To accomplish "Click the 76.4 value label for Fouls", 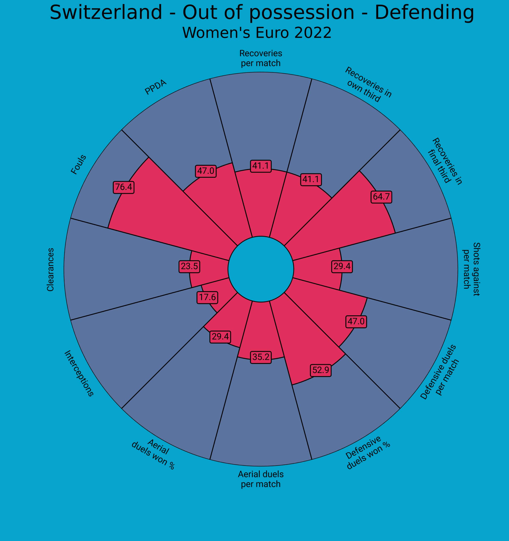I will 124,187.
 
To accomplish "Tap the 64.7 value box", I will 381,197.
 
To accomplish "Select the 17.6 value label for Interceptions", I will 207,297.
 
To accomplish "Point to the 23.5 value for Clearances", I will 189,266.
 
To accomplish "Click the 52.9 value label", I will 321,370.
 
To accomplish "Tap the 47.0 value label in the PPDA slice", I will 206,171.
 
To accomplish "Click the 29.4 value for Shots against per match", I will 342,266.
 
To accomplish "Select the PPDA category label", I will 155,87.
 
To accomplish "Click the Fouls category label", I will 78,164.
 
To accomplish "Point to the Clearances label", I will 50,269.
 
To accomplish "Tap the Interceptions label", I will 79,373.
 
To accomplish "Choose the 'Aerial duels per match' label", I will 261,479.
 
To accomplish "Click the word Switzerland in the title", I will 106,13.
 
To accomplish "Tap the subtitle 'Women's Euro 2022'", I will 257,33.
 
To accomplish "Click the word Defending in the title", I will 424,13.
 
